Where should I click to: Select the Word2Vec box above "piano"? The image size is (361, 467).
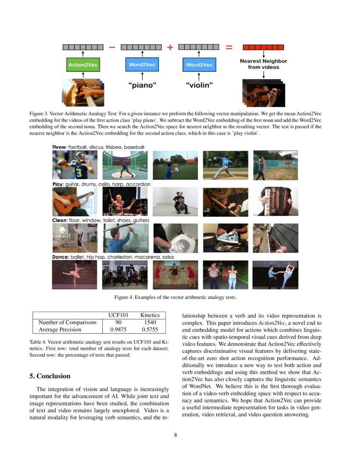coord(142,65)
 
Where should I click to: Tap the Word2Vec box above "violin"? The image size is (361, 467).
coord(199,65)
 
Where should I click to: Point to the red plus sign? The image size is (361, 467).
coord(170,48)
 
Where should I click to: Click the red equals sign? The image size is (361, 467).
coord(229,48)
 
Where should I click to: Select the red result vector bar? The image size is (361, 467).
coord(263,48)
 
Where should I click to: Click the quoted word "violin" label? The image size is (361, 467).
coord(199,85)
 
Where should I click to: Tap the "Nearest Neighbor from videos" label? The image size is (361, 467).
coord(263,64)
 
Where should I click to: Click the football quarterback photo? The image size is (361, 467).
coord(74,165)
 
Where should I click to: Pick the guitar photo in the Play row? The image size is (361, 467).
coord(74,202)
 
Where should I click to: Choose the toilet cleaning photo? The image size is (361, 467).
coord(175,238)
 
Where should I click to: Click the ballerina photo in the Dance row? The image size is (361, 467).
coord(74,275)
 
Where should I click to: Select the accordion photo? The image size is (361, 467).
coord(275,202)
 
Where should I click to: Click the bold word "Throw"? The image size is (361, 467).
coord(59,147)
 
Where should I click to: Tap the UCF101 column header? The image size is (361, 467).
coord(118,315)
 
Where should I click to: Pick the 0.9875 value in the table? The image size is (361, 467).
coord(118,329)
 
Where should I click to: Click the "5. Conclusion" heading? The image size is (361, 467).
coord(50,376)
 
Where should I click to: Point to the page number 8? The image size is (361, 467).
coord(175,435)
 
